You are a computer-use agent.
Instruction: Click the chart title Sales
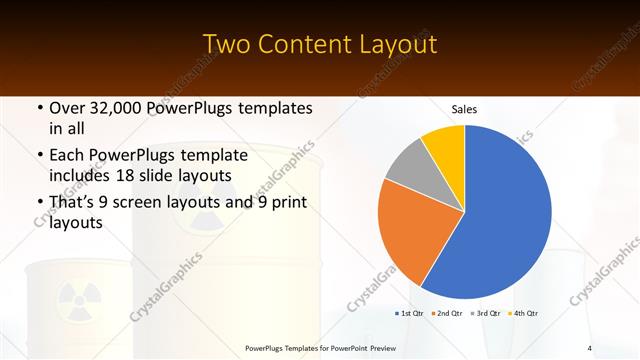[464, 108]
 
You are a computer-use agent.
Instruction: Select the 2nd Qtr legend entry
[447, 314]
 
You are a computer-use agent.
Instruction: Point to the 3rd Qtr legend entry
[486, 314]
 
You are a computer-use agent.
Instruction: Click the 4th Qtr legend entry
[524, 314]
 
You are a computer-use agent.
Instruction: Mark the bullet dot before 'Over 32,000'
[39, 108]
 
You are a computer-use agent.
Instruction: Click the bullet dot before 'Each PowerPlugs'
[39, 155]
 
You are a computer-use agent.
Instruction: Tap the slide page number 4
[589, 347]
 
